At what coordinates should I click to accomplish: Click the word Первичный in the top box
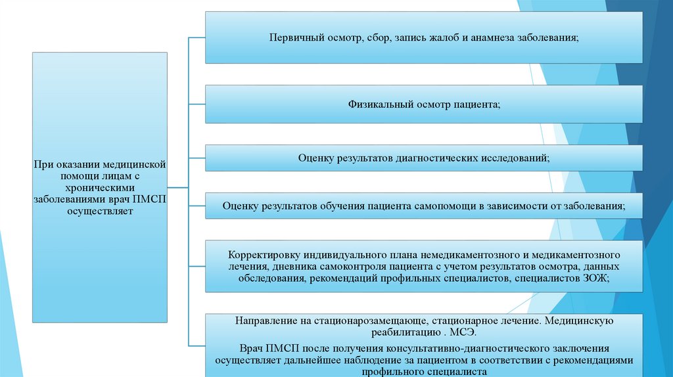click(292, 37)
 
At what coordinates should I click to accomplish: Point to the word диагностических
click(434, 158)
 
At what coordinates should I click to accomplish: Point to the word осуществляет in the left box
click(99, 212)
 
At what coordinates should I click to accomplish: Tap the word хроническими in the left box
click(99, 188)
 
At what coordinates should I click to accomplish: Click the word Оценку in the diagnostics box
click(317, 158)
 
